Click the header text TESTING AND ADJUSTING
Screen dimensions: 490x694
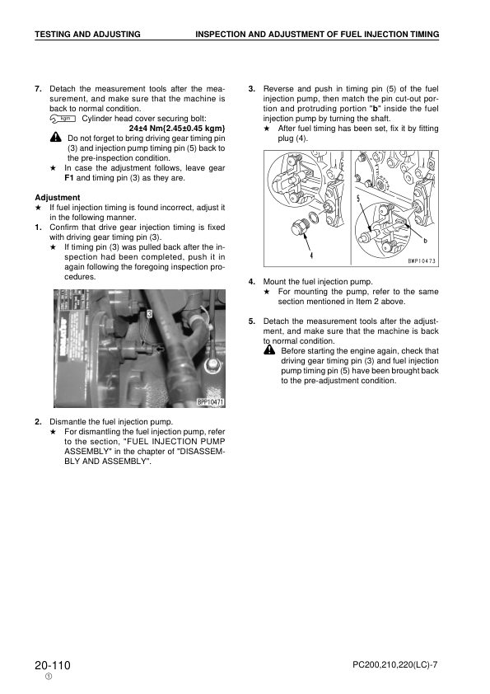tap(87, 34)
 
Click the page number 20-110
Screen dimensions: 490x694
tap(53, 665)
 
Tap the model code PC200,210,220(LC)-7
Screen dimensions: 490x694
tap(395, 665)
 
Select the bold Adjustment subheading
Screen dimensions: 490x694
tap(58, 197)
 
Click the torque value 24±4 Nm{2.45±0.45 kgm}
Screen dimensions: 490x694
tap(177, 129)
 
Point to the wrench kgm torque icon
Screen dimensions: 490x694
tap(63, 119)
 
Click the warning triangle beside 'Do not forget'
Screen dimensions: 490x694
tap(56, 138)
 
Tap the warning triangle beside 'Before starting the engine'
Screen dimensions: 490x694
tap(269, 350)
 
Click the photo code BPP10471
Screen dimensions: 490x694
tap(211, 402)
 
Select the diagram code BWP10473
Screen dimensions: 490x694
tap(422, 261)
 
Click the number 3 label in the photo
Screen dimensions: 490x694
tap(150, 314)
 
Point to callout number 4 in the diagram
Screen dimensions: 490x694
tap(311, 255)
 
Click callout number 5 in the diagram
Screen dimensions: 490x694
tap(357, 198)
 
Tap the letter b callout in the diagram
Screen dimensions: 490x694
tap(425, 241)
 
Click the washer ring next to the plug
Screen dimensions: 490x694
tap(315, 218)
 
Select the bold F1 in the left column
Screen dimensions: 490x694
tap(69, 178)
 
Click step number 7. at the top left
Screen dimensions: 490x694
tap(39, 88)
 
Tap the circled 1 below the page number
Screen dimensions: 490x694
tap(49, 677)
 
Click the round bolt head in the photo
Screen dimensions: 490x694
tap(212, 366)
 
